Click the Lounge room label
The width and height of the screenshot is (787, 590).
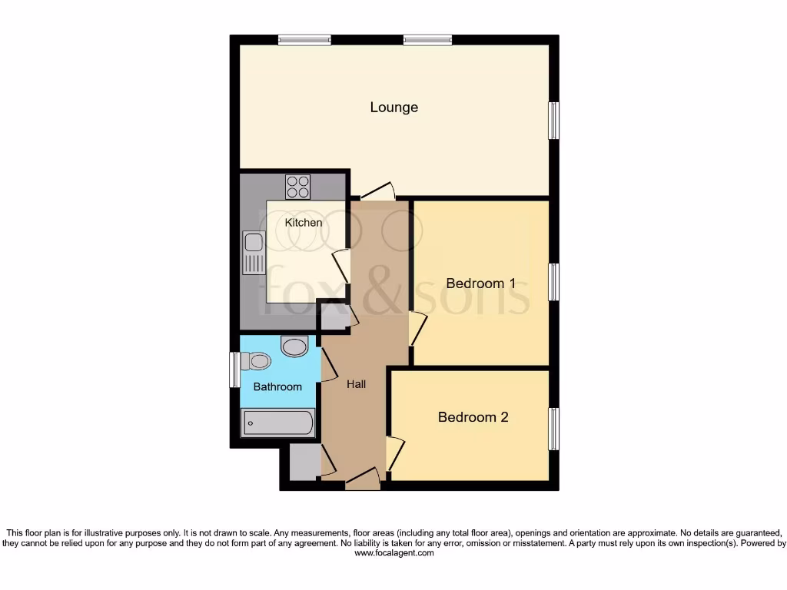[393, 107]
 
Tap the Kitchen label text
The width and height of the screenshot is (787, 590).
[304, 223]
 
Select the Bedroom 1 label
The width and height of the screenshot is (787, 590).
[480, 283]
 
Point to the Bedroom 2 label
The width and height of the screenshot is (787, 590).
[473, 417]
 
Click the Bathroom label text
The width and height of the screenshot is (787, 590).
[277, 386]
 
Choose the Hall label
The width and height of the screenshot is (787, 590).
[356, 384]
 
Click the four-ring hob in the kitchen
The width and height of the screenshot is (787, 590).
[298, 187]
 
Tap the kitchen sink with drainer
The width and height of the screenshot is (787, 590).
[253, 253]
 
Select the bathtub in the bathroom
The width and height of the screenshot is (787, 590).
[277, 423]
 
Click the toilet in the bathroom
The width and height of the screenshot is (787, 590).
[257, 360]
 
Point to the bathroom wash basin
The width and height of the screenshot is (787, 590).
[294, 346]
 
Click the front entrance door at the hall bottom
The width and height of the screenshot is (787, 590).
[362, 479]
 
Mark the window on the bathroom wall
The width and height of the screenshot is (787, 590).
[234, 370]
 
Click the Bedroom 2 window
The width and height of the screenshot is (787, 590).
[553, 429]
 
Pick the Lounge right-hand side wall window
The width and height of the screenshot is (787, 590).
[553, 121]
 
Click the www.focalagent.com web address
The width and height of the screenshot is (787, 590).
[393, 553]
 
